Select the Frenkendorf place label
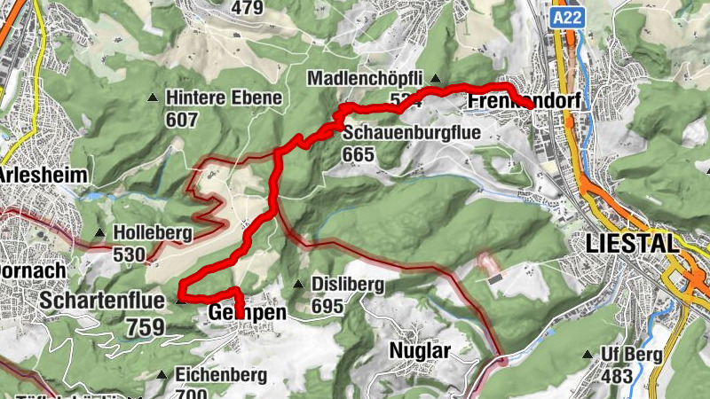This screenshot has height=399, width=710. [523, 102]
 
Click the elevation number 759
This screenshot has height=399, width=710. [140, 326]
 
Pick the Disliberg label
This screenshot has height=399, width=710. [347, 285]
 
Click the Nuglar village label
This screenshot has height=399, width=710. [420, 350]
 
